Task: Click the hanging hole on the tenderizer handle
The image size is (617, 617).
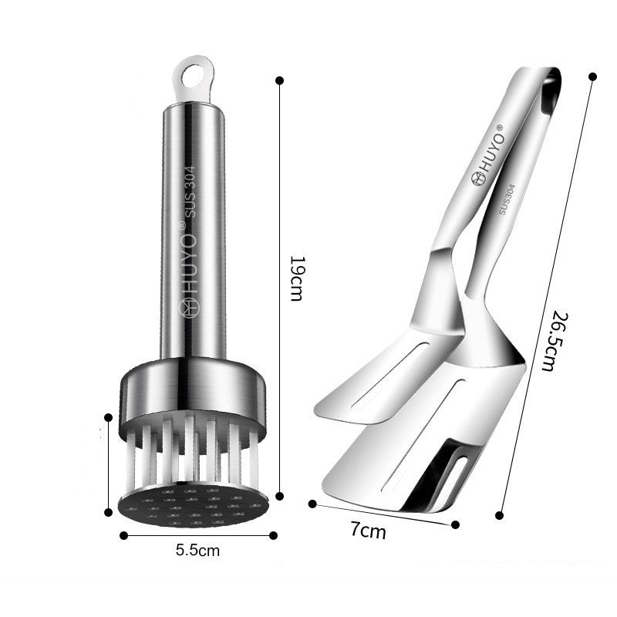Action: point(194,75)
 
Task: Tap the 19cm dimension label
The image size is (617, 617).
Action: point(296,278)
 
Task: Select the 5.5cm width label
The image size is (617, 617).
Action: point(197,550)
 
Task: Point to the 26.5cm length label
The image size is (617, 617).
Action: point(555,341)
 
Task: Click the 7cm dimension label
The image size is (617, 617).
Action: point(369,531)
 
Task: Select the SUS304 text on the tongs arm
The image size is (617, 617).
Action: point(507,199)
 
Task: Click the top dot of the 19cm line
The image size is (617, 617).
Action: point(280,81)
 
